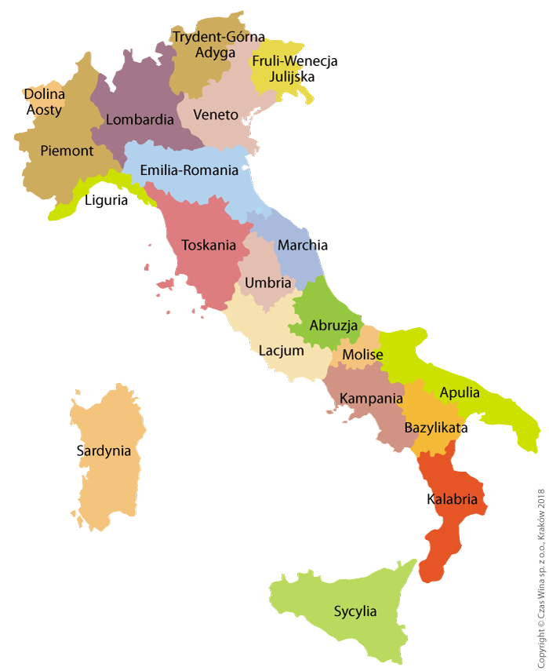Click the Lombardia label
140,120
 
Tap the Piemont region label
67,151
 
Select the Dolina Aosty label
45,102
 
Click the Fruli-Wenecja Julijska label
294,68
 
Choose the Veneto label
216,115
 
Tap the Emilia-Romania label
189,170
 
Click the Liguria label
106,200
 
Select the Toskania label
209,245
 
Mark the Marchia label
303,245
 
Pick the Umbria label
268,283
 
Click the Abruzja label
333,325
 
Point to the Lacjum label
282,350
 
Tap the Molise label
362,355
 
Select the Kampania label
371,398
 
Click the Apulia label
460,392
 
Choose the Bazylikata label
436,428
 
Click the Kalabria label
453,499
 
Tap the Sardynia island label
104,450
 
